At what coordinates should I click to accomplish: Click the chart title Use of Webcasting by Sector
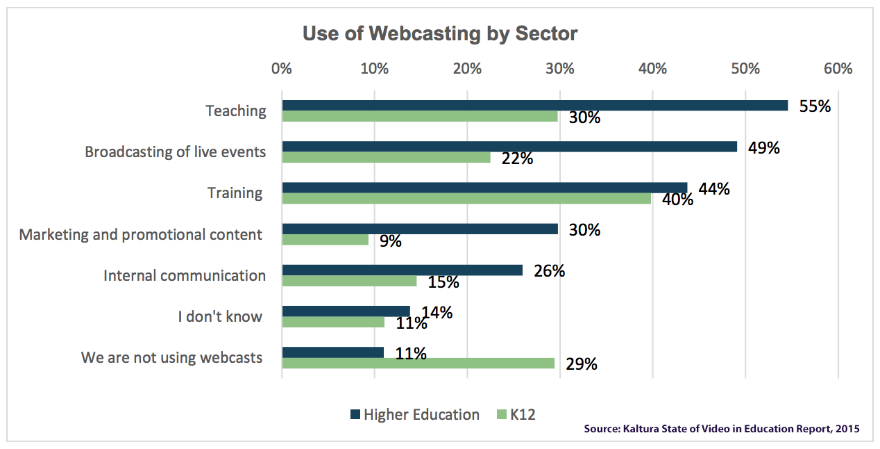point(440,33)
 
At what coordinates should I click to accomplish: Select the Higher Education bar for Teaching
point(534,106)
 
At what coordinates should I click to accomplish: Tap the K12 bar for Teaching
point(420,117)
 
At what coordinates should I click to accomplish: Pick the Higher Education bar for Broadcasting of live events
point(509,147)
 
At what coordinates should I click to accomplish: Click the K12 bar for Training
point(466,199)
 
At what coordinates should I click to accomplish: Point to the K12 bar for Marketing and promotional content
point(325,240)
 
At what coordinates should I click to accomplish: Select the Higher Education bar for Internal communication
point(402,270)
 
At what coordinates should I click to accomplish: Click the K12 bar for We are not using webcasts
point(418,363)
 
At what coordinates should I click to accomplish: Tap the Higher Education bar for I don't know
point(346,311)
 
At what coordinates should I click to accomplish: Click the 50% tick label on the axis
point(745,69)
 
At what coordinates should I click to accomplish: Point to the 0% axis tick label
point(282,69)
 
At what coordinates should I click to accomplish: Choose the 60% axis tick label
point(838,69)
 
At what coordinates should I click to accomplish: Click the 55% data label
point(815,106)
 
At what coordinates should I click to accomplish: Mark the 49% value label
point(764,147)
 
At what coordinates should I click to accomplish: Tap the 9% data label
point(391,241)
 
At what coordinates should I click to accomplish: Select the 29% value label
point(582,364)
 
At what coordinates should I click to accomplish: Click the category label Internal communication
point(185,275)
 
